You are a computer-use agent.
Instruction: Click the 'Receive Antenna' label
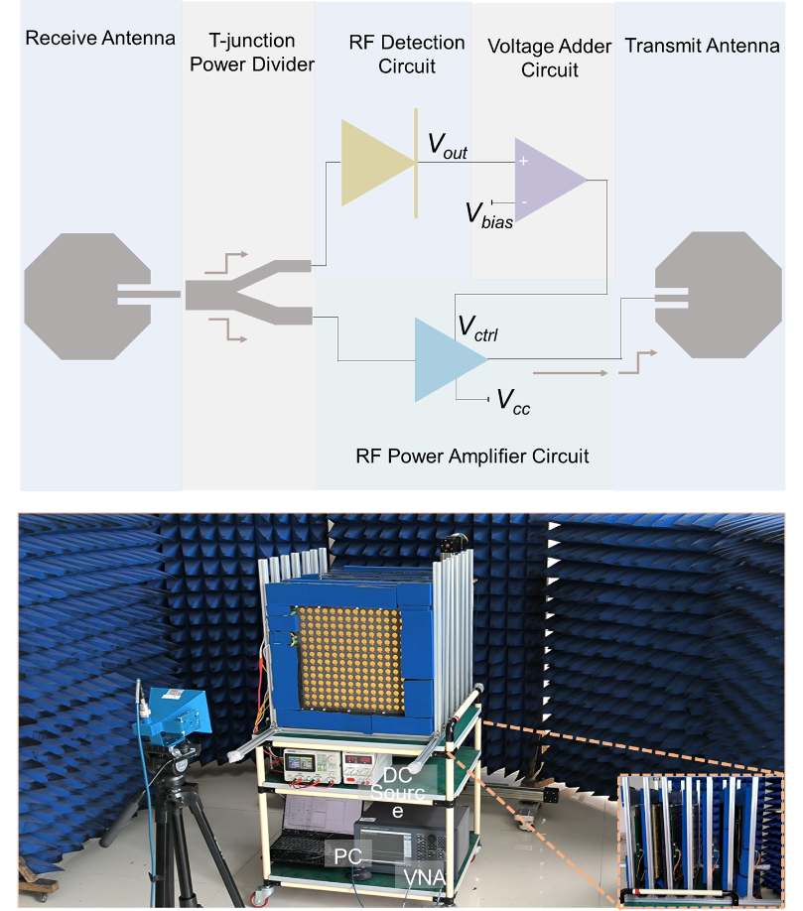100,39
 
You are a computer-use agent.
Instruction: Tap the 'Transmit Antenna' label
702,46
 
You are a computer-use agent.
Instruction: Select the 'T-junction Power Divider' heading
252,53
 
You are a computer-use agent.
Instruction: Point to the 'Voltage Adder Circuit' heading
549,59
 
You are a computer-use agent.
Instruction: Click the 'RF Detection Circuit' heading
407,54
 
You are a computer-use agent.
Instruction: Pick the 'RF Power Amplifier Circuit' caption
471,456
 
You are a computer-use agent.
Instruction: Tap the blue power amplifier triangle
451,360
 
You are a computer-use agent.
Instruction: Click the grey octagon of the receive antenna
87,297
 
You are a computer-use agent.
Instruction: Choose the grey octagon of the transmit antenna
719,295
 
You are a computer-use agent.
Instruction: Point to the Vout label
448,145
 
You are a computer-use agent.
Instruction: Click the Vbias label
489,215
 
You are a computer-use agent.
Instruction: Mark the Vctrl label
477,328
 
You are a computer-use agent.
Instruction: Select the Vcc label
513,402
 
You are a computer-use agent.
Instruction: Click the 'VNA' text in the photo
425,876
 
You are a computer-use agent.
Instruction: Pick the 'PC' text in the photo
348,855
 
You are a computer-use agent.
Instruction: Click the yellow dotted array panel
349,658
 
